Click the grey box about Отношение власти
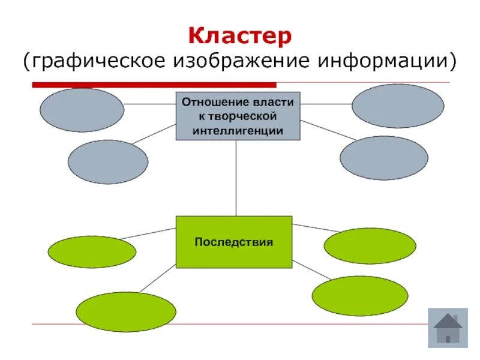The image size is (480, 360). click(x=238, y=116)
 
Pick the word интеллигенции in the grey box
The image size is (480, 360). click(x=238, y=130)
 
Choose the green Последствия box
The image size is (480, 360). click(x=233, y=242)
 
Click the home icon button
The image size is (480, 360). click(x=447, y=328)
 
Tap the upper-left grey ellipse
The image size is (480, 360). click(x=82, y=109)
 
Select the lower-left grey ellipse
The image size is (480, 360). click(x=107, y=162)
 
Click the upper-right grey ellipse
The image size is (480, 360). click(x=398, y=106)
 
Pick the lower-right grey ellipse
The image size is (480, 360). click(x=384, y=158)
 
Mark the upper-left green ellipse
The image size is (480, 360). click(x=91, y=251)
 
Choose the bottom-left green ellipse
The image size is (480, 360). click(x=126, y=312)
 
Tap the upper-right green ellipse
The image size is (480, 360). click(x=370, y=246)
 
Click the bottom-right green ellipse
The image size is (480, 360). click(x=360, y=296)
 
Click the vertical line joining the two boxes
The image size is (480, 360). click(x=236, y=178)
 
